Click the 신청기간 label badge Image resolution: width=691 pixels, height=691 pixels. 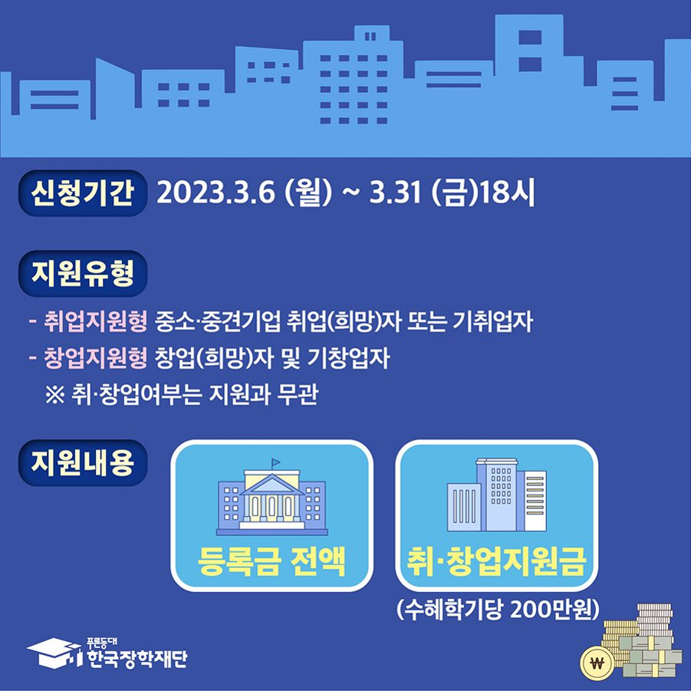(x=82, y=192)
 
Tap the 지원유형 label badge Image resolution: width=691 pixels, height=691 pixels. (x=82, y=273)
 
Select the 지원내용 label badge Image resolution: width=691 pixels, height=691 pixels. (x=82, y=462)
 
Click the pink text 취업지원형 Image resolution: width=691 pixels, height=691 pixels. (x=95, y=321)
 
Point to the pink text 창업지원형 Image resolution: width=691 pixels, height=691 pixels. (x=95, y=358)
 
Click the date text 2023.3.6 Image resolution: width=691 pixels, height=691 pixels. (x=216, y=192)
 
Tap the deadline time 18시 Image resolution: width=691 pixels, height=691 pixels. (x=507, y=192)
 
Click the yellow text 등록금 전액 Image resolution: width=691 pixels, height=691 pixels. (x=271, y=561)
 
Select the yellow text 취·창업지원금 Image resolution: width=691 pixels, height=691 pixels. (x=496, y=561)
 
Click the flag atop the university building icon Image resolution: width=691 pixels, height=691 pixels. (x=275, y=462)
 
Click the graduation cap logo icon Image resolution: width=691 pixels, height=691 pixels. (x=54, y=653)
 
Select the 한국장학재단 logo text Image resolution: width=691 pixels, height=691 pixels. (x=137, y=658)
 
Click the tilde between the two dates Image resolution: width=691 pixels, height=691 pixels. (x=351, y=193)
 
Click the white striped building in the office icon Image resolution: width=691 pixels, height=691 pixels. (x=535, y=500)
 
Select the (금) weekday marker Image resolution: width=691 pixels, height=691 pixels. (x=455, y=192)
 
